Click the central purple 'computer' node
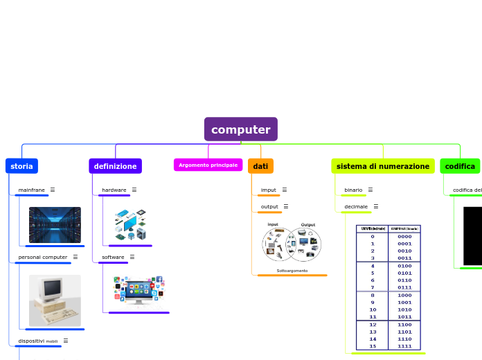click(x=240, y=129)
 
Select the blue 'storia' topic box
click(x=21, y=166)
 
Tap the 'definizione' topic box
click(x=115, y=166)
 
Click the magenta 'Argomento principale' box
click(x=208, y=165)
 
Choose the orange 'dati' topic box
click(x=260, y=166)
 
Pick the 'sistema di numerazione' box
click(x=382, y=166)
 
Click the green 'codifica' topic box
click(x=460, y=166)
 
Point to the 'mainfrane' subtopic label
click(x=31, y=190)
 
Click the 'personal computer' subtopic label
click(x=42, y=257)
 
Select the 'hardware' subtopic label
click(x=114, y=190)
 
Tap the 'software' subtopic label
click(x=113, y=257)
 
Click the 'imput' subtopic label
click(x=268, y=190)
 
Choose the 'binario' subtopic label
click(x=353, y=190)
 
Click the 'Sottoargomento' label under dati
click(x=292, y=271)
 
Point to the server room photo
click(x=55, y=225)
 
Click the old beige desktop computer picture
click(x=55, y=300)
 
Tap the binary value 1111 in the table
click(x=404, y=345)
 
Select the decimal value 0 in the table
click(x=373, y=236)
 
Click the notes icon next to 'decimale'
click(x=376, y=206)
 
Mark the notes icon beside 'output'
click(x=285, y=206)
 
